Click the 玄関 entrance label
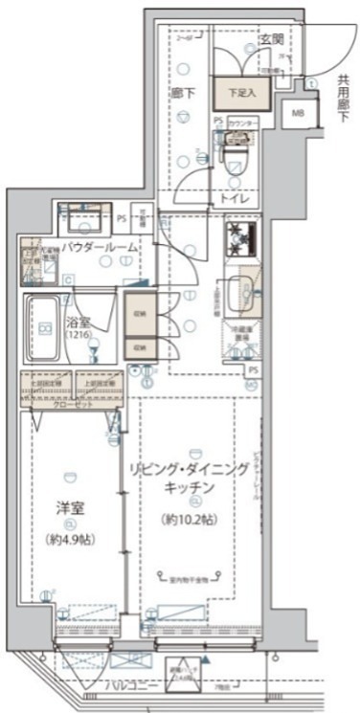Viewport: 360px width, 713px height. point(271,39)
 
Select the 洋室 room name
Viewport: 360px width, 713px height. point(70,508)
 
